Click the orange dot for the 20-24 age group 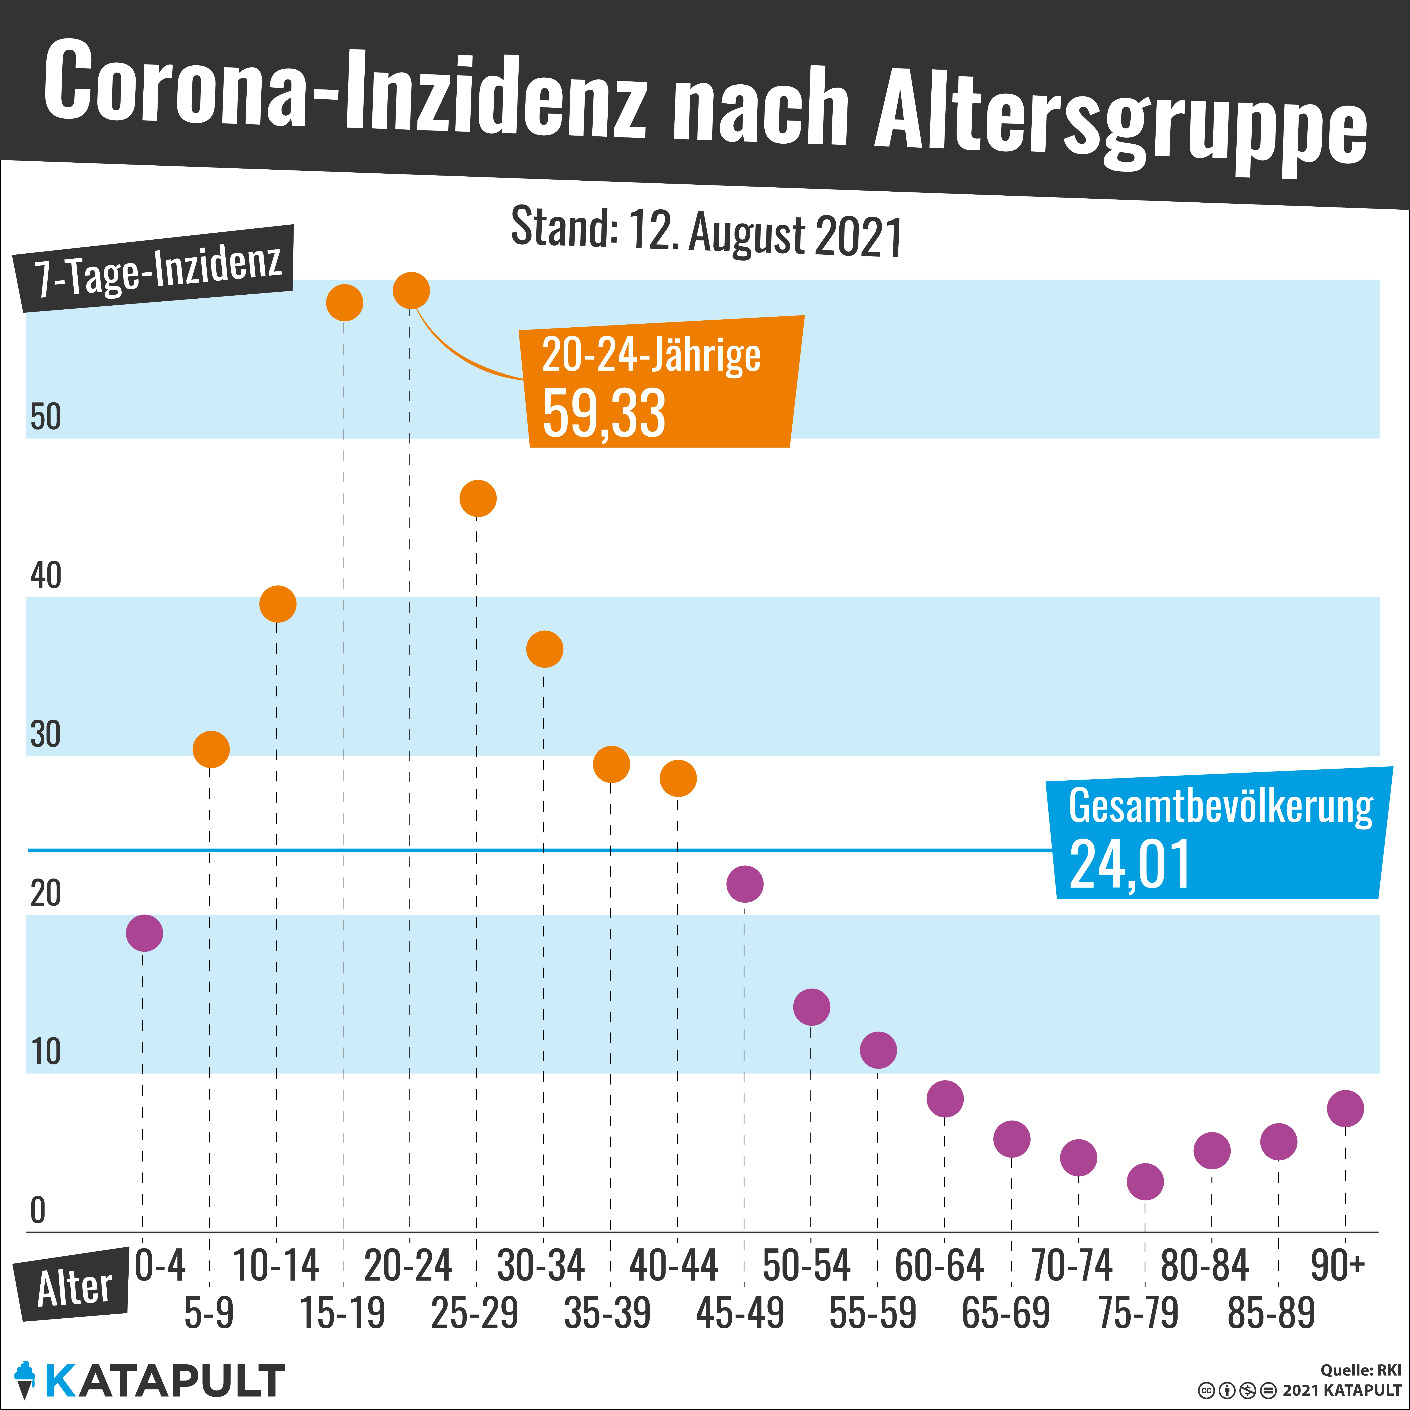[411, 290]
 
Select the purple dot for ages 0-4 [144, 933]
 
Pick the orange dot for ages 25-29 [478, 498]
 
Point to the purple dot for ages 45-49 [744, 884]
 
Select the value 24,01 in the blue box [1130, 864]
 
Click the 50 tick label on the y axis [45, 417]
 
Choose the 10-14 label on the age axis [276, 1266]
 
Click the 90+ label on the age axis [1337, 1266]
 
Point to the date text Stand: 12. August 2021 [706, 232]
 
